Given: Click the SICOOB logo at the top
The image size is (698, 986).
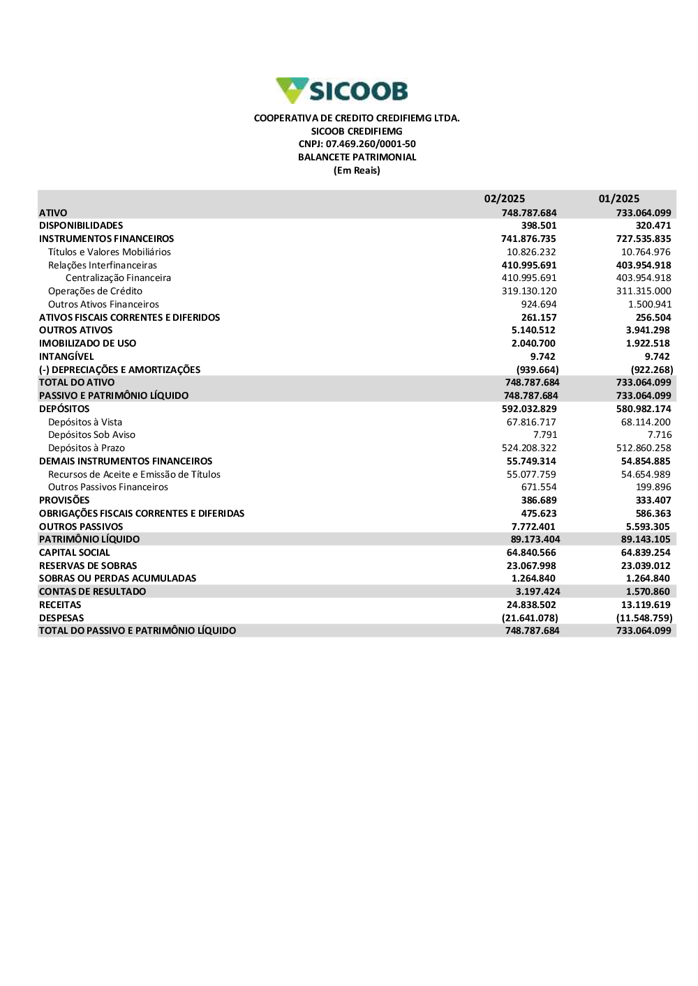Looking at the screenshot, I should (x=342, y=91).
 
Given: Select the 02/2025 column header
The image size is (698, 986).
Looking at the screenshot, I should (x=505, y=199).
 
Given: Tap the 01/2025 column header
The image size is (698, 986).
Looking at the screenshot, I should (x=619, y=199).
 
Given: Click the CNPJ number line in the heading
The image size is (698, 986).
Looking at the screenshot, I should (x=357, y=144).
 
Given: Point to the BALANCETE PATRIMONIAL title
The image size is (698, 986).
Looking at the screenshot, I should (x=357, y=158).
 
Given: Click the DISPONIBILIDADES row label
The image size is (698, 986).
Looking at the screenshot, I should (x=81, y=226).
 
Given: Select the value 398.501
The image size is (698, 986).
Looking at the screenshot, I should (x=539, y=226).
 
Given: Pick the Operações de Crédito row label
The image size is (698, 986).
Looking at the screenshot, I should (x=95, y=291).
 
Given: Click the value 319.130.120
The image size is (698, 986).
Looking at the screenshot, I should (x=529, y=291).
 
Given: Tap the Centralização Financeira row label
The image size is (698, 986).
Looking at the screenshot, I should (x=118, y=278).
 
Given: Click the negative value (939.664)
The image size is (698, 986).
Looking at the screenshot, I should (x=537, y=370).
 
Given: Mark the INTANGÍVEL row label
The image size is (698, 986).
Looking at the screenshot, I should (x=66, y=357).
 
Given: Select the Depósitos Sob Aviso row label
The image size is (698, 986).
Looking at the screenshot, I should (x=91, y=435).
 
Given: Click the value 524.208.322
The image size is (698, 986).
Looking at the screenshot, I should (x=529, y=448).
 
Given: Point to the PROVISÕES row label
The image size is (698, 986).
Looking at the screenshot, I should (x=64, y=501).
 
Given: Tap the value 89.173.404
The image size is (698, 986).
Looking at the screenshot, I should (x=535, y=540).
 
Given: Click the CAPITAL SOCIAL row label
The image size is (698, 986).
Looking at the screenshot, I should (x=75, y=553).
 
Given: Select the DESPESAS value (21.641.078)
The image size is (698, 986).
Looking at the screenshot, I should (x=530, y=619).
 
